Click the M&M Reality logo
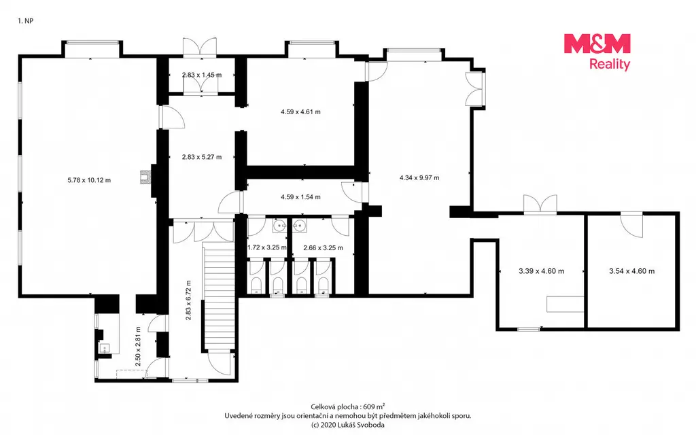click(597, 52)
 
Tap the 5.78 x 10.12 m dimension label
click(89, 180)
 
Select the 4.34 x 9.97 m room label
click(419, 178)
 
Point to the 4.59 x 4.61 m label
click(300, 112)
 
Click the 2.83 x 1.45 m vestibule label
click(201, 75)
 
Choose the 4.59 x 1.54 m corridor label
click(300, 197)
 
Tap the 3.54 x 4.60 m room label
click(631, 271)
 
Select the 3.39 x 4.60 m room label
click(542, 271)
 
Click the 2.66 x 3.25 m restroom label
click(323, 248)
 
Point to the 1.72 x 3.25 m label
click(266, 247)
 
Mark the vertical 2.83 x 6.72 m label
click(188, 300)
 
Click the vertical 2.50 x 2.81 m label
click(138, 347)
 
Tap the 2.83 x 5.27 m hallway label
click(201, 157)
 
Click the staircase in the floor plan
click(218, 296)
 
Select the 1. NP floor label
click(25, 21)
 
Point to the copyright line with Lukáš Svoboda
click(348, 425)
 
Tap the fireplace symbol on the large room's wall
click(145, 177)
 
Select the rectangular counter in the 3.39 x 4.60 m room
click(565, 304)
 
